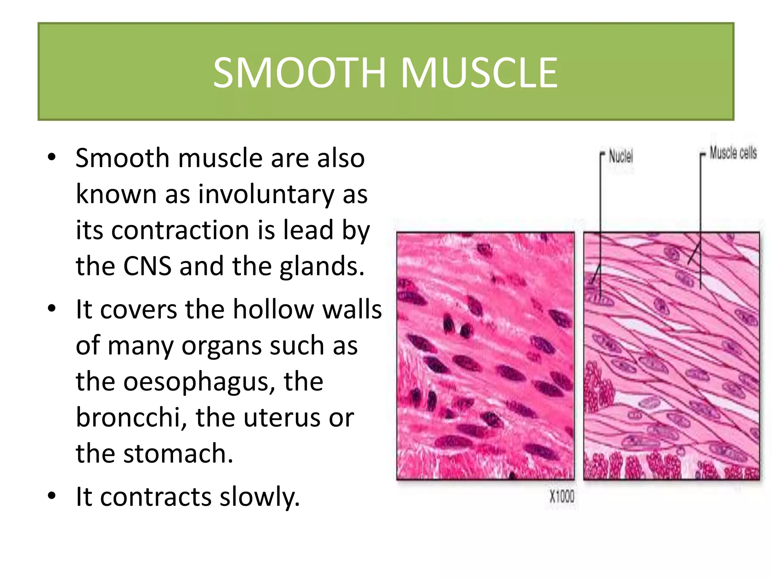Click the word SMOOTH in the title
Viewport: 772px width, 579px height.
[300, 72]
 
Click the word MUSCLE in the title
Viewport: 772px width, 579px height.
[479, 72]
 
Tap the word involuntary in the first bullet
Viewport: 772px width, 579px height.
[266, 195]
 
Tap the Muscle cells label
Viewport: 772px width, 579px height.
[733, 153]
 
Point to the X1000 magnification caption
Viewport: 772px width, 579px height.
[562, 496]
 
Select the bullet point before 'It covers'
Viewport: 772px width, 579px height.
[52, 308]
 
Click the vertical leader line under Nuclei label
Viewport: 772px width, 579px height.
[600, 196]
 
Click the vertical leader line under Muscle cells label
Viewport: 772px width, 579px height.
[700, 196]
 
